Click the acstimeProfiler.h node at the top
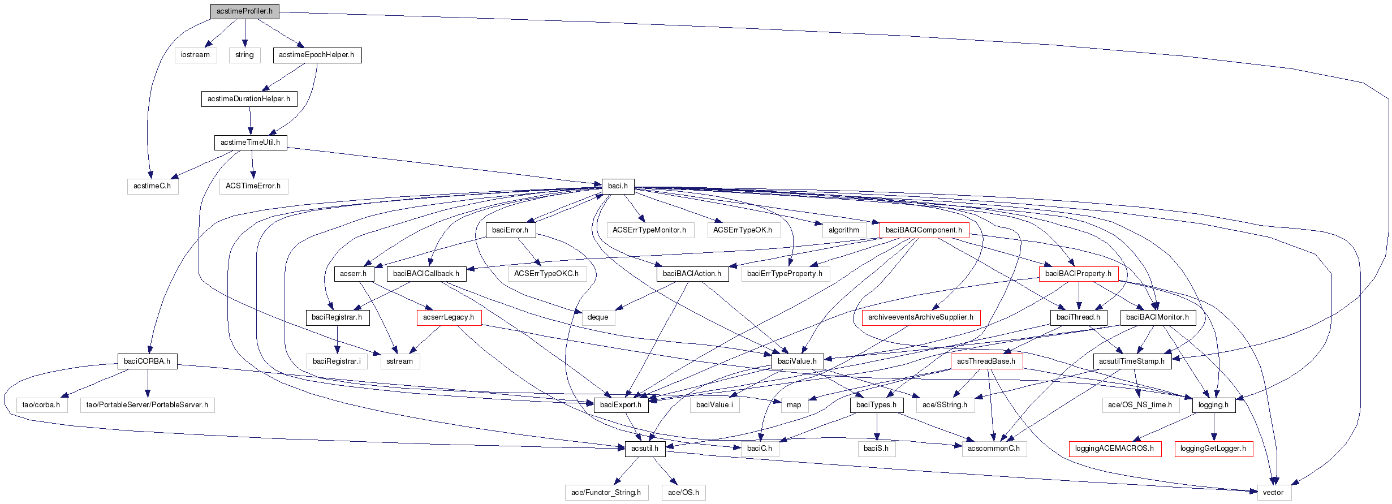coord(244,11)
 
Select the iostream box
coord(195,55)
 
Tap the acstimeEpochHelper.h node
coord(316,55)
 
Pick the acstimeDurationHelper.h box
coord(248,99)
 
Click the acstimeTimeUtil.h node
coord(250,143)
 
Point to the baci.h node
coord(618,186)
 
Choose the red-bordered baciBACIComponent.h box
coord(923,230)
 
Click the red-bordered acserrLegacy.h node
coord(449,317)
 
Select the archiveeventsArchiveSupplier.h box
coord(920,317)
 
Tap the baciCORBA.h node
coord(147,361)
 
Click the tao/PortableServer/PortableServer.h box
coord(147,405)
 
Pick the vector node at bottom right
coord(1273,493)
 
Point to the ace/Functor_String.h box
coord(606,493)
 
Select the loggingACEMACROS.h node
coord(1114,449)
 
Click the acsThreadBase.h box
coord(986,361)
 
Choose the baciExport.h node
coord(620,405)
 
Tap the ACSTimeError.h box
coord(253,186)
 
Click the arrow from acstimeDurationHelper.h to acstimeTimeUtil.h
coord(250,120)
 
